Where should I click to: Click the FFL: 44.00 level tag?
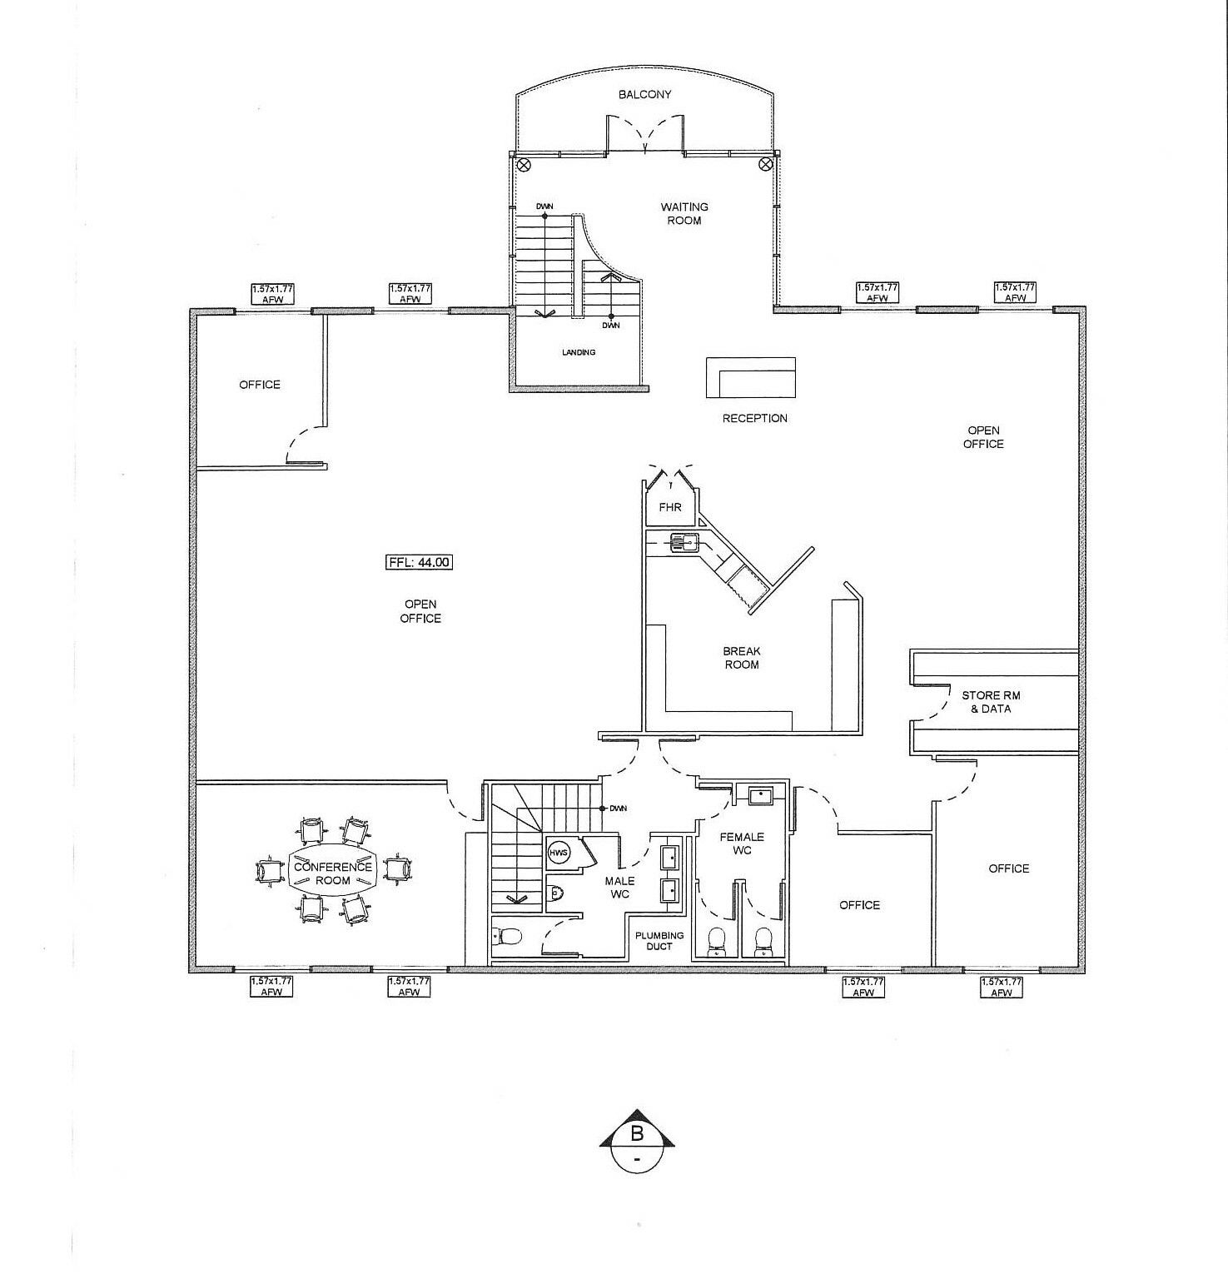(x=420, y=562)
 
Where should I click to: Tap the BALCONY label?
(x=644, y=95)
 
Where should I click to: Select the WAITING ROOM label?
(x=684, y=213)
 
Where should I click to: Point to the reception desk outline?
(x=751, y=378)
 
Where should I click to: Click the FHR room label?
(x=670, y=506)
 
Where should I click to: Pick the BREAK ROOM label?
(x=742, y=658)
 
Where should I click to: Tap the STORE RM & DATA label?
(x=991, y=702)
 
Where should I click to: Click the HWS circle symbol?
(x=558, y=853)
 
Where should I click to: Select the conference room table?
(x=333, y=873)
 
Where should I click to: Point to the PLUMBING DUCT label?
(x=659, y=941)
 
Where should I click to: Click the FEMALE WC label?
(x=742, y=844)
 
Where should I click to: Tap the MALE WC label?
(x=619, y=887)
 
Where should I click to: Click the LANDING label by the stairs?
(x=579, y=352)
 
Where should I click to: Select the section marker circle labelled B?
(x=638, y=1145)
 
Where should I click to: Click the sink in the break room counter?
(x=685, y=543)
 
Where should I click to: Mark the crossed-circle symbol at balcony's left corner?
(x=524, y=165)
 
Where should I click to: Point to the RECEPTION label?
(x=754, y=418)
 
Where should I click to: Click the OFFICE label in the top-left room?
(x=260, y=385)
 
